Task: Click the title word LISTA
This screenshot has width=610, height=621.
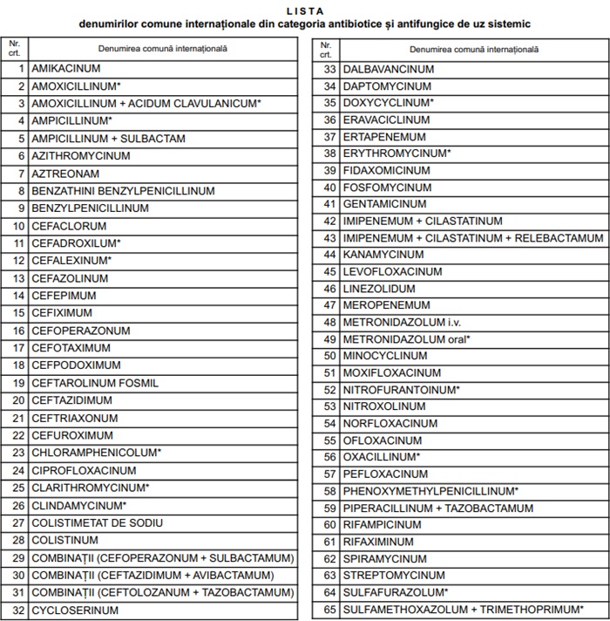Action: [x=304, y=10]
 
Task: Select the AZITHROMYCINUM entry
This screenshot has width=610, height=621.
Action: [x=81, y=155]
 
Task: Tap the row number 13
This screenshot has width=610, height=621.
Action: [x=18, y=278]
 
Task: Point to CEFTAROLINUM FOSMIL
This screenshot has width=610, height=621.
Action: [x=95, y=383]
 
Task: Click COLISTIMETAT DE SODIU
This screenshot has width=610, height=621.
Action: [x=97, y=523]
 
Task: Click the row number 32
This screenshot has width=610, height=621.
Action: [x=18, y=611]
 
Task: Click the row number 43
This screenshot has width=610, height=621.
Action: [x=329, y=237]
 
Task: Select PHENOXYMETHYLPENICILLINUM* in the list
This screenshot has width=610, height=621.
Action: [x=430, y=491]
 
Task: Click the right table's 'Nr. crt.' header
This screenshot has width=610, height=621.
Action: [x=326, y=49]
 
